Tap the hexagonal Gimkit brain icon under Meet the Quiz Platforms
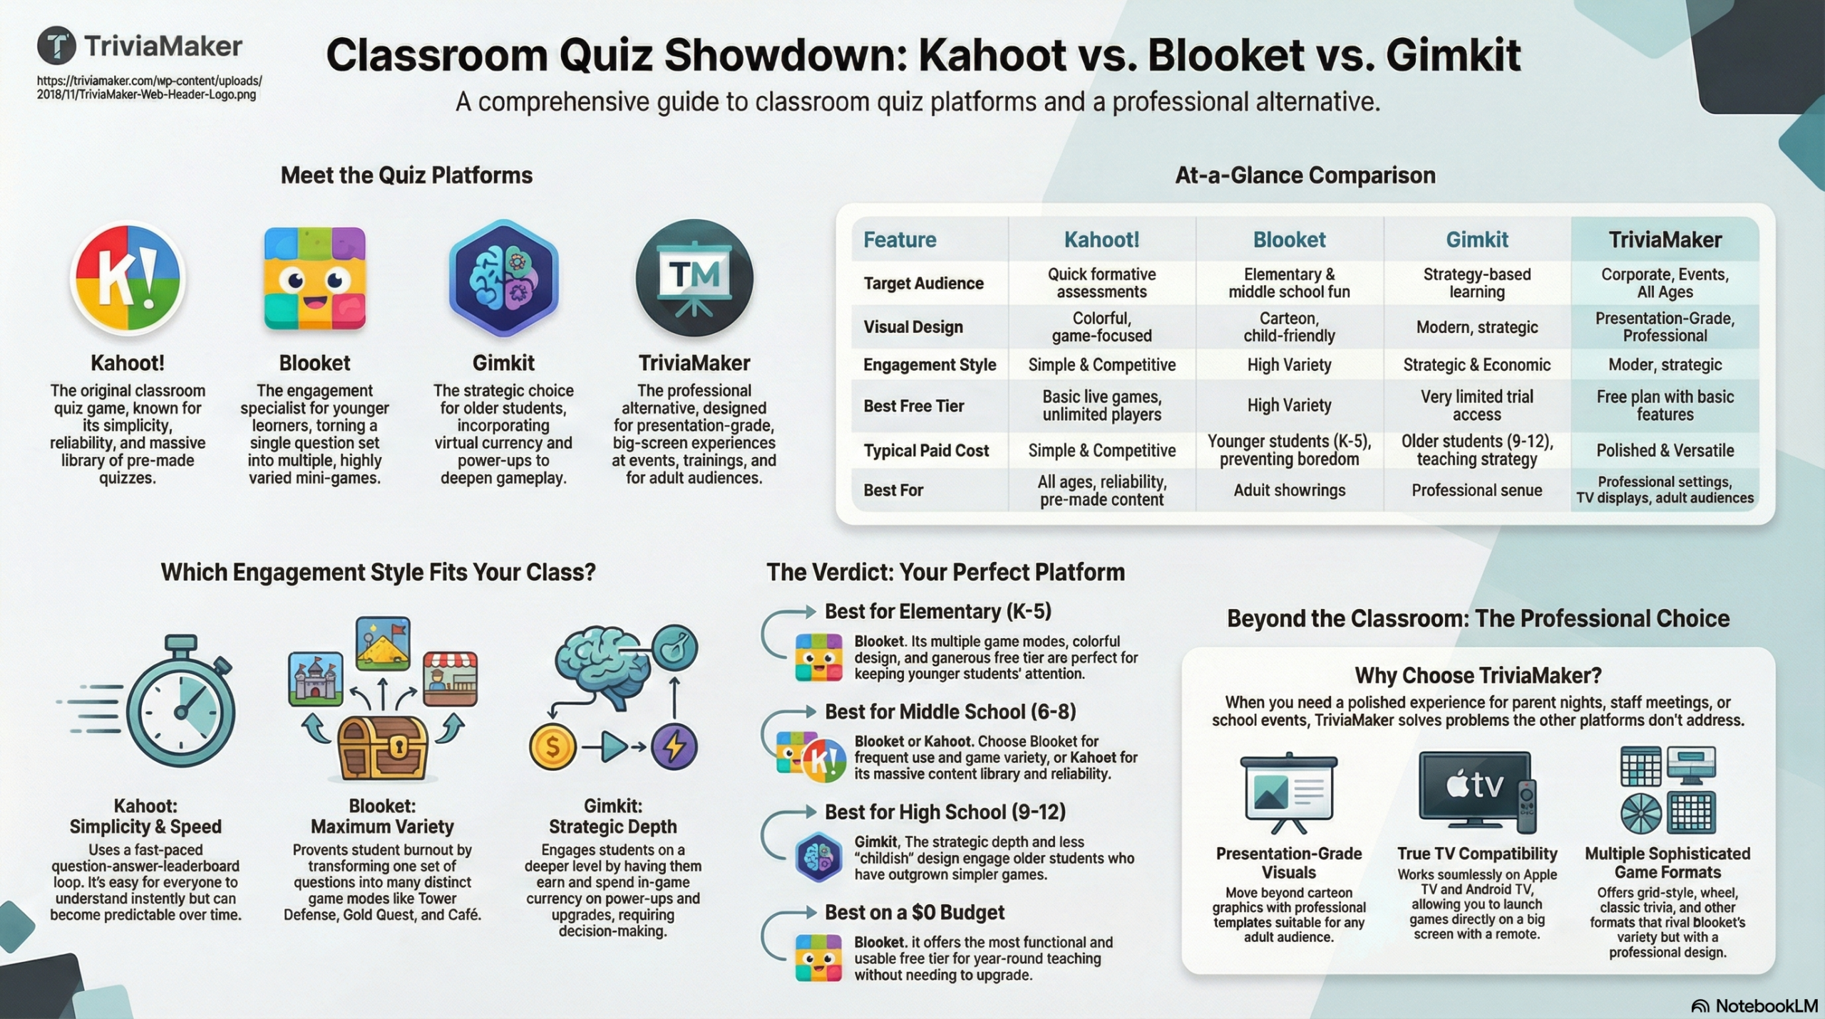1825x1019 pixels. click(503, 278)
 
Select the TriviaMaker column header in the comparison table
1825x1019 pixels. click(1665, 240)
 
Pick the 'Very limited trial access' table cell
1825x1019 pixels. click(1476, 405)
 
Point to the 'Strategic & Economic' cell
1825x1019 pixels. click(1476, 364)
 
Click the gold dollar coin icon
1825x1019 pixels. click(552, 747)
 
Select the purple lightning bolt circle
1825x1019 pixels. click(674, 747)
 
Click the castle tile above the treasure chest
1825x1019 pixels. click(315, 677)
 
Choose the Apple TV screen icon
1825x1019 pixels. click(1476, 789)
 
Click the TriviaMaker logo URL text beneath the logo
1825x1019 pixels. click(150, 87)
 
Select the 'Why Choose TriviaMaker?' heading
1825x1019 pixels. click(1478, 675)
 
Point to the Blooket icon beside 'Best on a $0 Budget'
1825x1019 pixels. click(818, 958)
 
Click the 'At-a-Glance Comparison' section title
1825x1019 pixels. click(1305, 175)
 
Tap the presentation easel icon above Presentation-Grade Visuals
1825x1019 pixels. click(1289, 792)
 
